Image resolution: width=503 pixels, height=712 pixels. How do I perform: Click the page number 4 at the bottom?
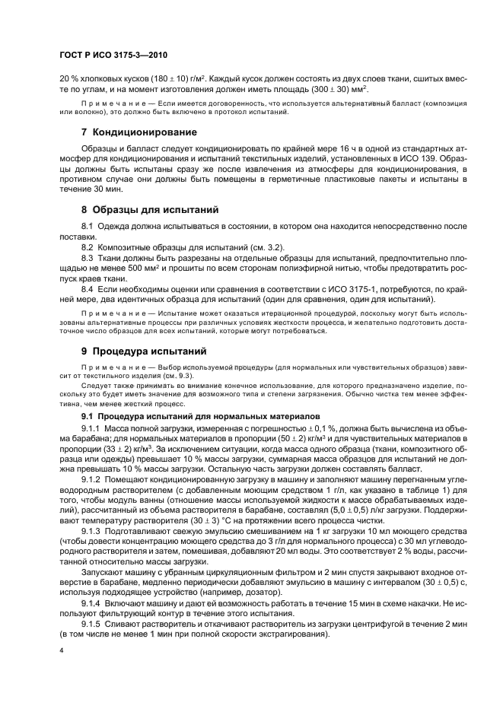(60, 653)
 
